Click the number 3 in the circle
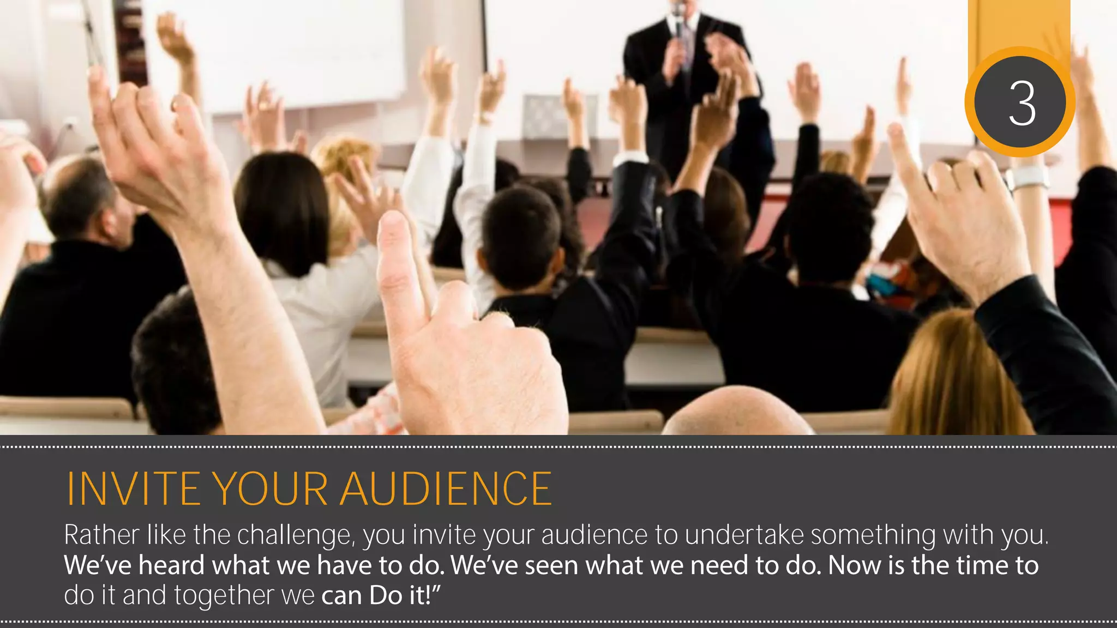(1022, 104)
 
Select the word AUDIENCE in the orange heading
(446, 488)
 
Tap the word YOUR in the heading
(270, 488)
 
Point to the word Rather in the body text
(101, 535)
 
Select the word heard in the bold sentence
(172, 565)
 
